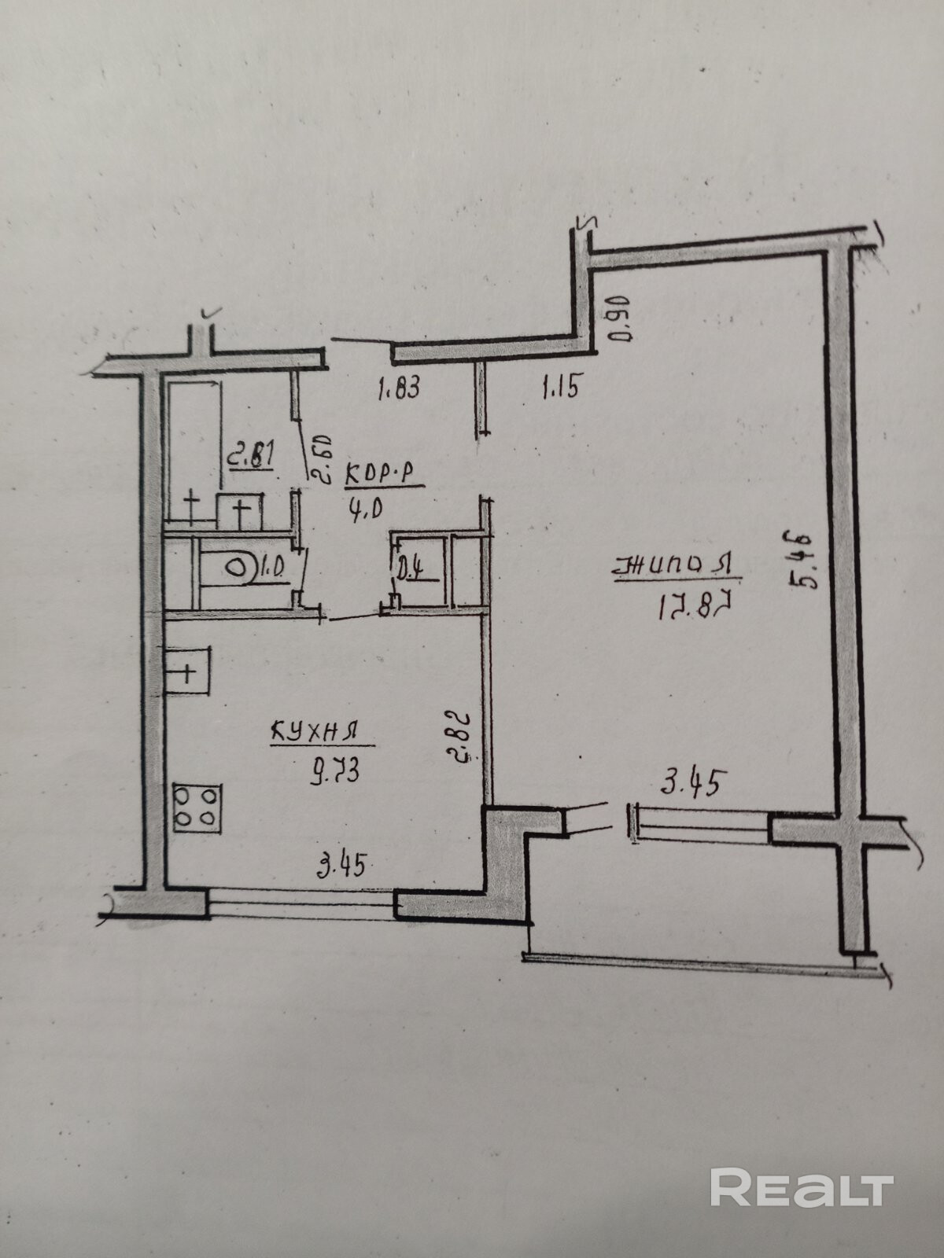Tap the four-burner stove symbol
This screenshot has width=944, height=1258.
coord(197,807)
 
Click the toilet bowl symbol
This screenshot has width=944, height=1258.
coord(235,568)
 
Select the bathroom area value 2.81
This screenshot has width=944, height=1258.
coord(251,456)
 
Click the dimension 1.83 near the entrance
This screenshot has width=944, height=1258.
coord(401,388)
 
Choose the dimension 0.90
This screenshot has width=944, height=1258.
coord(621,318)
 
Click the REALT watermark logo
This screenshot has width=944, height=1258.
coord(802,1189)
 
